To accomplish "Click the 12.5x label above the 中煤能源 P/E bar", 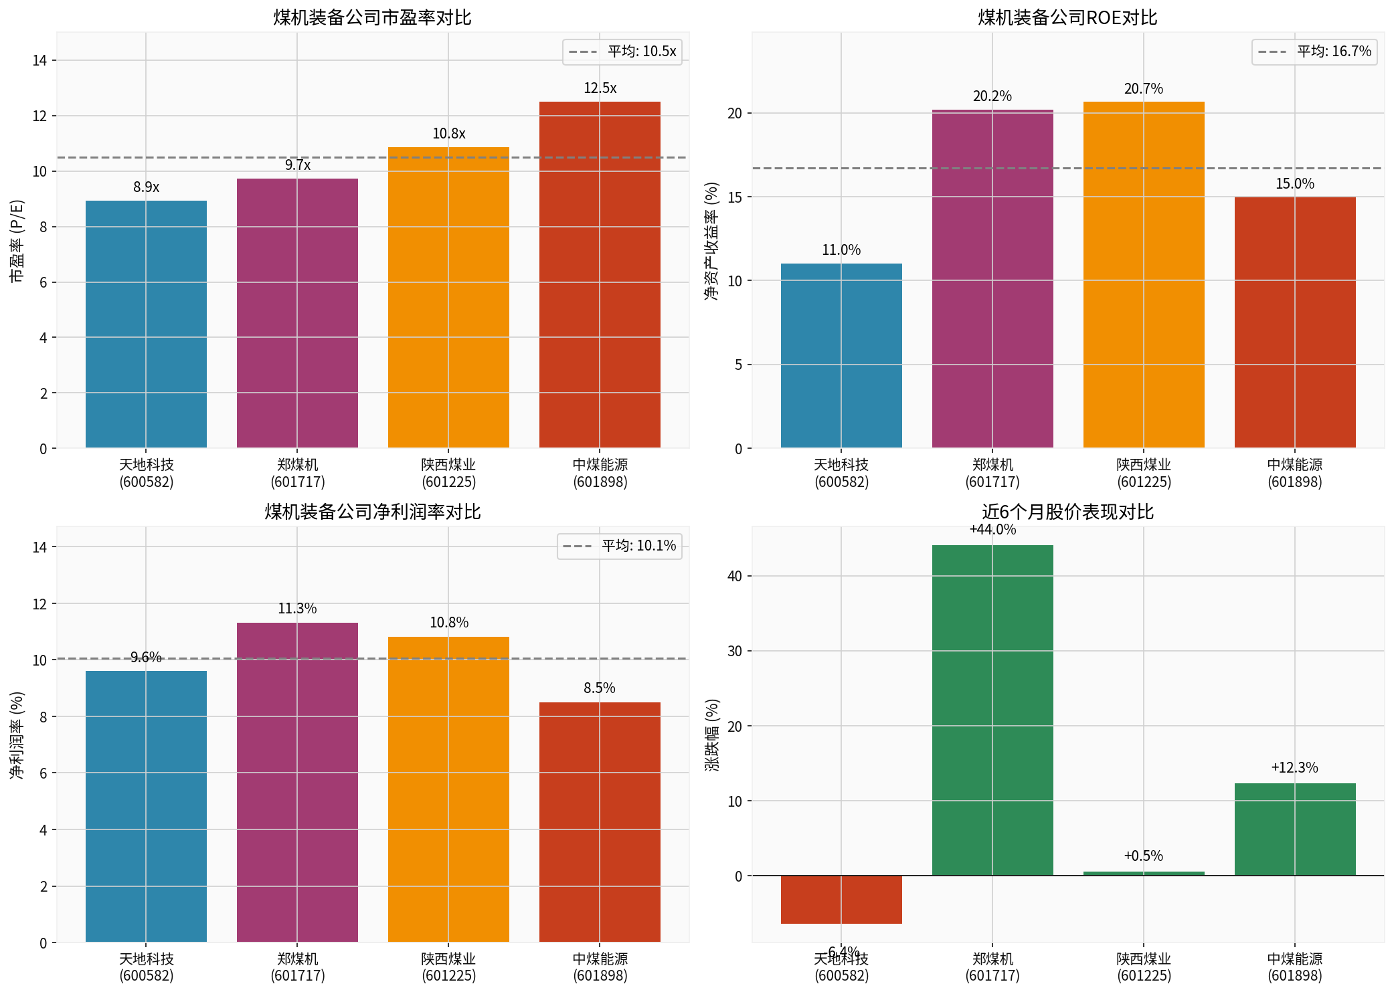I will [x=600, y=88].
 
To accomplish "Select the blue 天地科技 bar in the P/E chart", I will [x=146, y=324].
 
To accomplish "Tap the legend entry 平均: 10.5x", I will [x=622, y=52].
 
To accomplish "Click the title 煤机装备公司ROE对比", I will [x=1067, y=17].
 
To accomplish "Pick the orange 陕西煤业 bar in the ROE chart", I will [x=1143, y=274].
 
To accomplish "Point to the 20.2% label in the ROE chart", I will [x=992, y=96].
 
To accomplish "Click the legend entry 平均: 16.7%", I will [x=1314, y=52].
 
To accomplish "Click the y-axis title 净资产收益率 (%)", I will [x=711, y=241].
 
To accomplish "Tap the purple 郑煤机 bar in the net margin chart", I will [x=297, y=783].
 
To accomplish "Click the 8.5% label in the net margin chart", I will [x=599, y=688].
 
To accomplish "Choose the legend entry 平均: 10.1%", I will [x=620, y=546].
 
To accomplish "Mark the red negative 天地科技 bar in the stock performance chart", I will [x=841, y=900].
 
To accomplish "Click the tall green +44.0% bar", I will [x=992, y=709].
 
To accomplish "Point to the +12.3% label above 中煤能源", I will [x=1294, y=768].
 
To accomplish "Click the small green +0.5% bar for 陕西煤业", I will [x=1143, y=873].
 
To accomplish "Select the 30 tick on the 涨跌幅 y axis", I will [x=735, y=652].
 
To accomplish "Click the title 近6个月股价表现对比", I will [x=1067, y=512].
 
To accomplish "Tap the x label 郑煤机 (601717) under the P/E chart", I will [x=297, y=473].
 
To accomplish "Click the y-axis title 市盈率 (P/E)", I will [x=17, y=241].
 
